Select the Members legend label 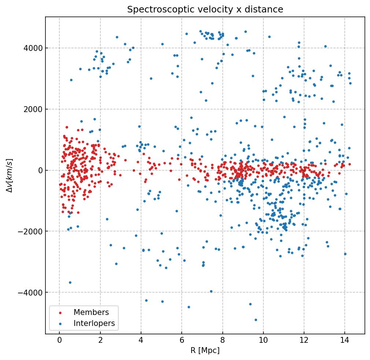tap(91, 312)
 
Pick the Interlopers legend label tap(94, 323)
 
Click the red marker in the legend tap(60, 313)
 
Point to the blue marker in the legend tap(60, 324)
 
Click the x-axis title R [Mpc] tap(205, 350)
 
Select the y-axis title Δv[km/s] tap(10, 175)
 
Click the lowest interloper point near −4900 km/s tap(256, 320)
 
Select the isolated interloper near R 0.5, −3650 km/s tap(70, 282)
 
